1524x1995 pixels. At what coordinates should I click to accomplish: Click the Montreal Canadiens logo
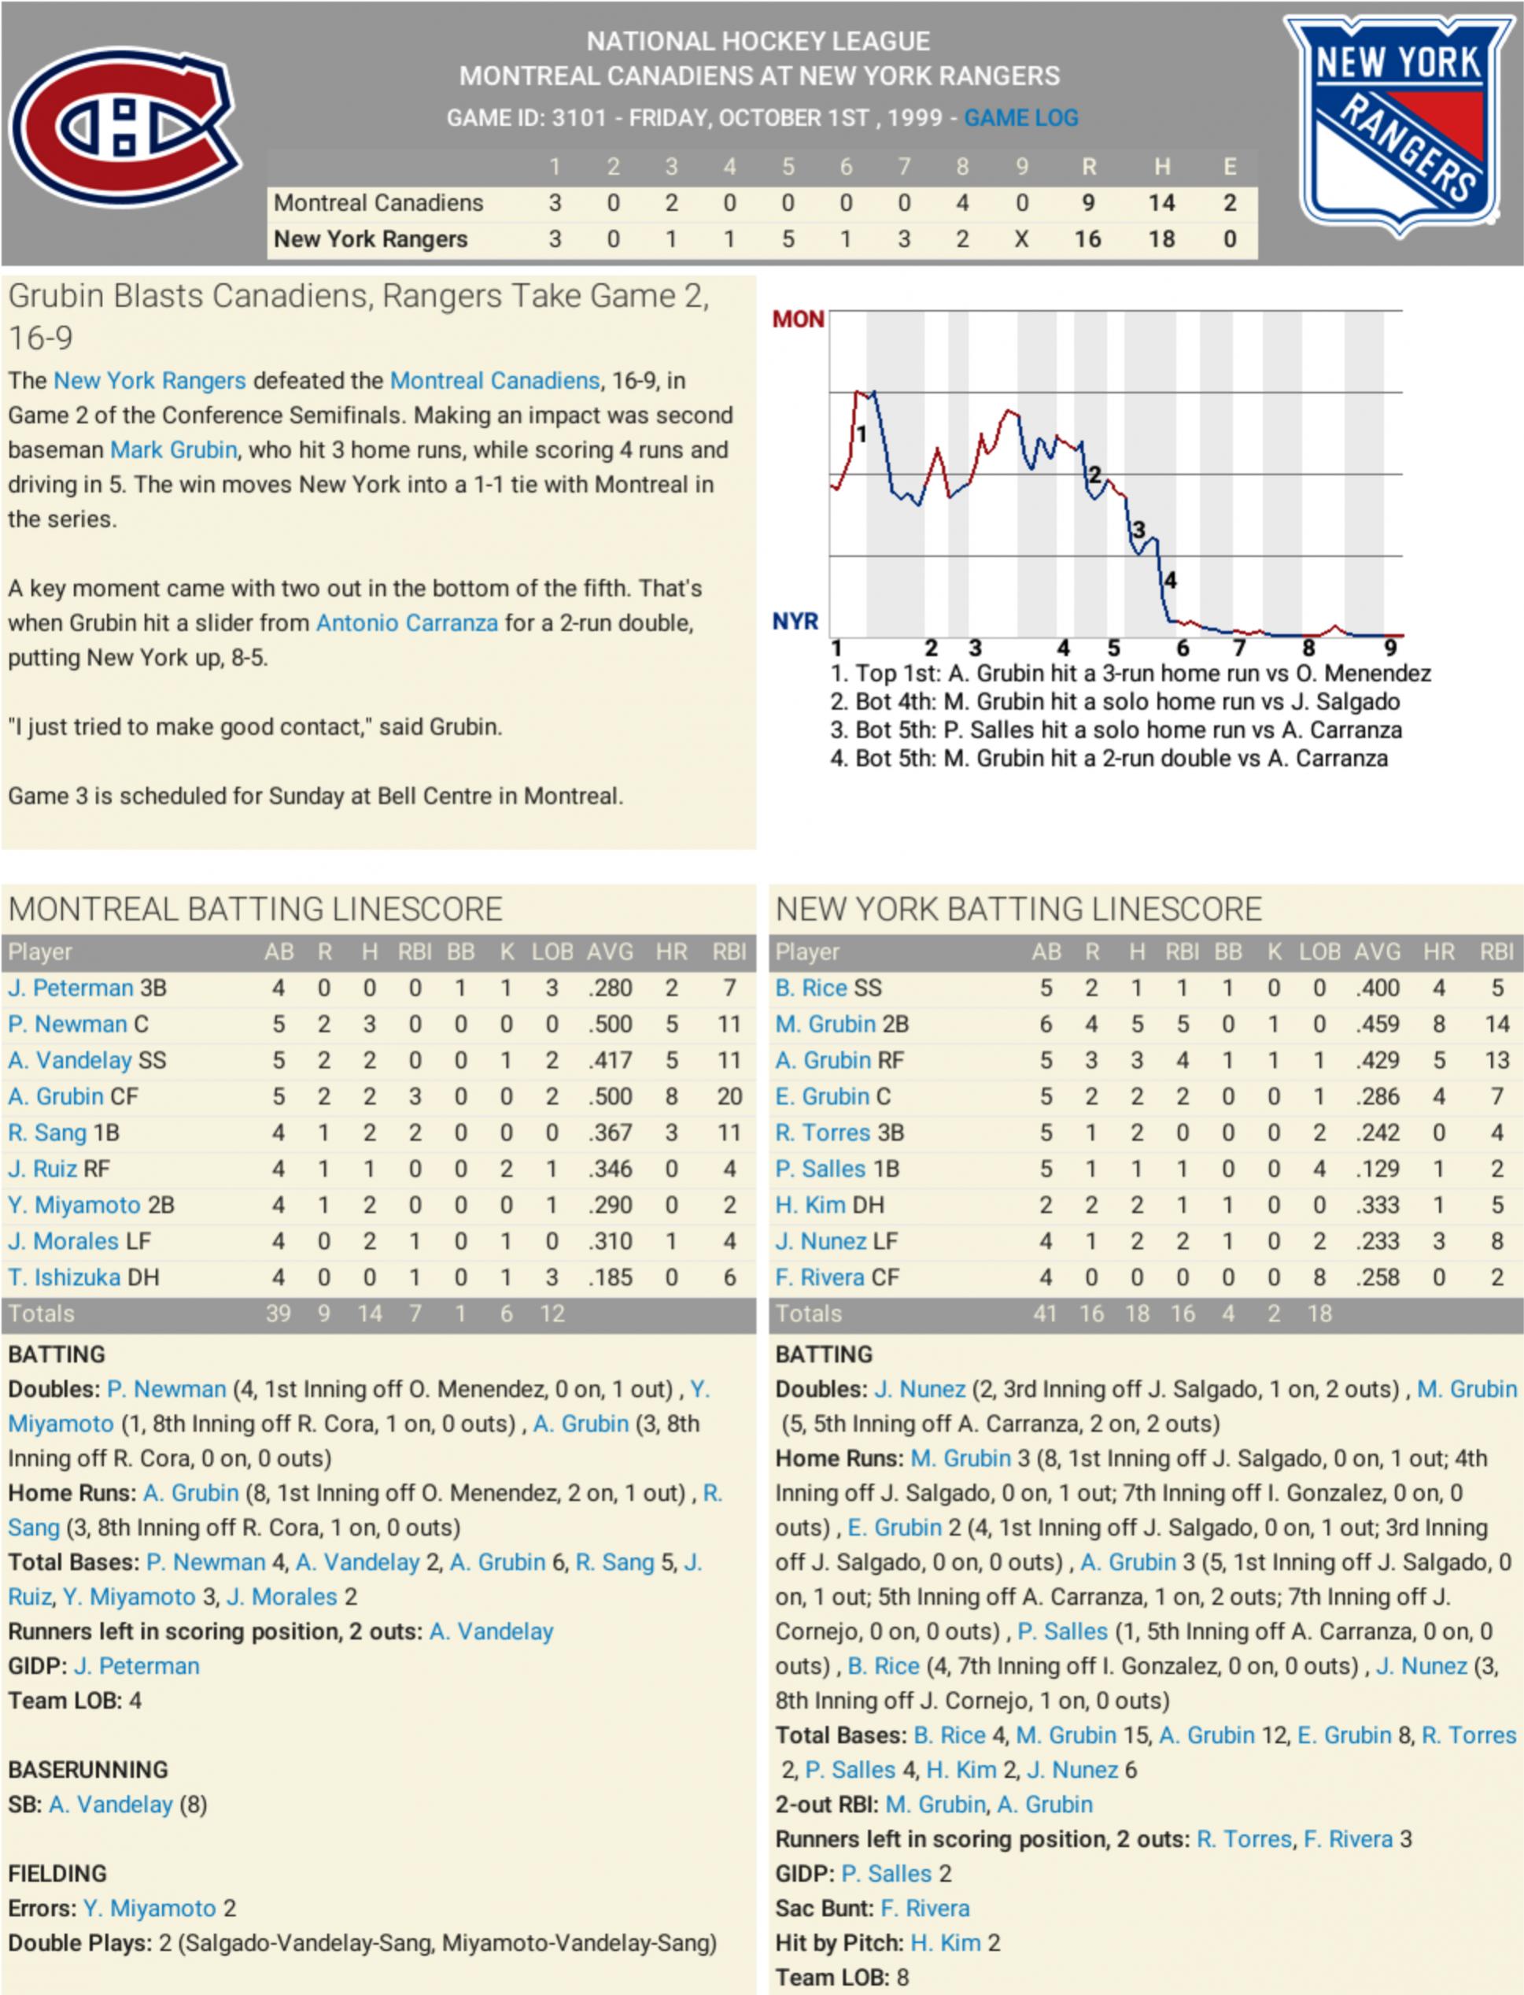tap(125, 127)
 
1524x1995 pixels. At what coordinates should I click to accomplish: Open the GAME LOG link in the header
tap(1020, 118)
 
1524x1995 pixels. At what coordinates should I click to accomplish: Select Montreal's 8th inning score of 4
tap(961, 202)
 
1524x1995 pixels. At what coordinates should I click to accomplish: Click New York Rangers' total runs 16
tap(1087, 238)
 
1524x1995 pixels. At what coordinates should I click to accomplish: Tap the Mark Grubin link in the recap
tap(173, 450)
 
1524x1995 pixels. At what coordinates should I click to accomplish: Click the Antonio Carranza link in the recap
tap(407, 623)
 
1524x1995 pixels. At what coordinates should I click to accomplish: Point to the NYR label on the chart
tap(795, 622)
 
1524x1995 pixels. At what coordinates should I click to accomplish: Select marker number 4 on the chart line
tap(1170, 580)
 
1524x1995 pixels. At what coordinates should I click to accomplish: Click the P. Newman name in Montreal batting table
tap(67, 1025)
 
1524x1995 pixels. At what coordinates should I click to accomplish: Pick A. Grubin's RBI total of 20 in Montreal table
tap(729, 1097)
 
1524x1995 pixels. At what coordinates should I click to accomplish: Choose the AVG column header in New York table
tap(1377, 951)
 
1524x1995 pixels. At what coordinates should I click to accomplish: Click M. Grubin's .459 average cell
tap(1377, 1025)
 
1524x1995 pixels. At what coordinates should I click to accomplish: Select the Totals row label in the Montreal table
tap(42, 1313)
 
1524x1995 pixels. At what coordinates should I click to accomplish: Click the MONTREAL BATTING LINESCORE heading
tap(256, 909)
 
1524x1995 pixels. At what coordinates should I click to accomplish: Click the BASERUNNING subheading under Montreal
tap(88, 1769)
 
